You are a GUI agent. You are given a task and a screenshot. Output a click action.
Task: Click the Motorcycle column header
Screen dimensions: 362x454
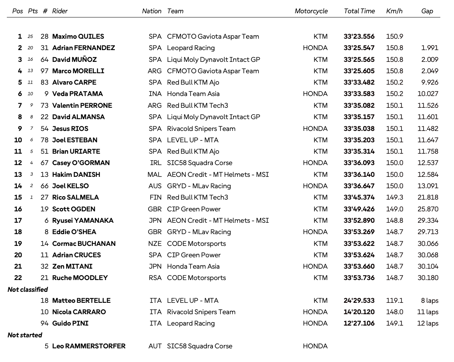[x=311, y=11]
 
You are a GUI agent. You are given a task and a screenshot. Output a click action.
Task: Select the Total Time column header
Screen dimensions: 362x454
[x=359, y=11]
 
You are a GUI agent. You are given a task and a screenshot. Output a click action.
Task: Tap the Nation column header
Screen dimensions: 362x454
[x=152, y=11]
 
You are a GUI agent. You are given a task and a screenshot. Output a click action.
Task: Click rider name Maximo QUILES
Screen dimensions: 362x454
[x=78, y=36]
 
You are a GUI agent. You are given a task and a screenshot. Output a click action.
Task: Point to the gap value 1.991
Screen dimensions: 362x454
[x=430, y=48]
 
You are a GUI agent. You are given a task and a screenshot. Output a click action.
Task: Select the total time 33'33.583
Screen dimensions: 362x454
[x=359, y=94]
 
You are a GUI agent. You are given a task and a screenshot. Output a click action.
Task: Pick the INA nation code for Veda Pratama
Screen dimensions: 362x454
[x=155, y=94]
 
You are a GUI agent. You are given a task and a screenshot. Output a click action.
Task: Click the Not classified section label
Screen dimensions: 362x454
[x=28, y=290]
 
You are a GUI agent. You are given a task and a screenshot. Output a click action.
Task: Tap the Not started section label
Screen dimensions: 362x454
[x=25, y=335]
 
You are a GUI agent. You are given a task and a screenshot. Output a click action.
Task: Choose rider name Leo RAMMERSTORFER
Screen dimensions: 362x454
[x=89, y=346]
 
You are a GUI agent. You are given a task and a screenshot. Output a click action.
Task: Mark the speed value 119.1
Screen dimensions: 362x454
[x=395, y=301]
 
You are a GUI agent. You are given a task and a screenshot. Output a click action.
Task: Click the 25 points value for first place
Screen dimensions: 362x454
[x=30, y=37]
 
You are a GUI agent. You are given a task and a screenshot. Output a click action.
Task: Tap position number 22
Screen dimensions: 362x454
[x=18, y=278]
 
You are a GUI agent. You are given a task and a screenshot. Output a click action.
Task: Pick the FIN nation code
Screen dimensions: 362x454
[x=155, y=197]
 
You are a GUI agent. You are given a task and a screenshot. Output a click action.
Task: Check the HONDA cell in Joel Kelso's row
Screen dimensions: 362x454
[x=315, y=186]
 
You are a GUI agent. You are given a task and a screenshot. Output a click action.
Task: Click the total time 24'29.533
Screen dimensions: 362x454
[x=359, y=301]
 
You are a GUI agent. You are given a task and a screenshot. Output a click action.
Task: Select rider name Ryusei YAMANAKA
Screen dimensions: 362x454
[x=83, y=220]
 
